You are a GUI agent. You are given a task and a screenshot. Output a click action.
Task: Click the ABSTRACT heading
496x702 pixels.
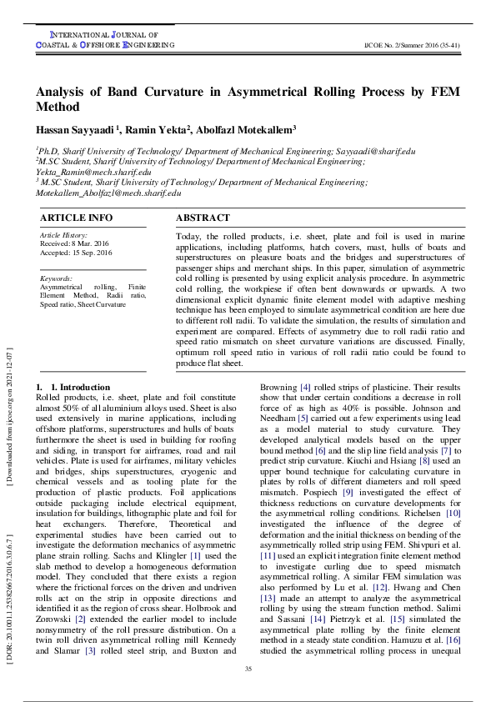coord(203,218)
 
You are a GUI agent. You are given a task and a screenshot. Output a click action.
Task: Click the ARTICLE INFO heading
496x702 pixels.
coord(76,218)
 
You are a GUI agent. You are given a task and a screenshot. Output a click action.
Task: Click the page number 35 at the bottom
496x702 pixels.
coord(248,669)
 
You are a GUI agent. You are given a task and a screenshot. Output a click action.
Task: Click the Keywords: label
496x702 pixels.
coord(56,278)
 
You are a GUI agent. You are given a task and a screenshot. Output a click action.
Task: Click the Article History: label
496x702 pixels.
coord(63,235)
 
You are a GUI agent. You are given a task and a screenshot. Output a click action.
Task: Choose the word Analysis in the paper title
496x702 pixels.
coord(65,92)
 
